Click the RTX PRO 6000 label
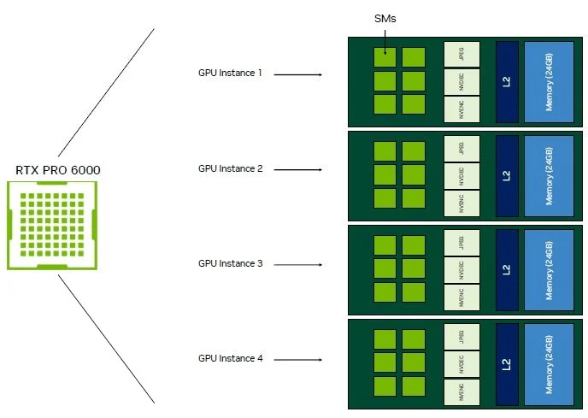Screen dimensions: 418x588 tap(57, 170)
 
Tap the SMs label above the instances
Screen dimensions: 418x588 tap(385, 17)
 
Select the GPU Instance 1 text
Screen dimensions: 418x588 tap(230, 74)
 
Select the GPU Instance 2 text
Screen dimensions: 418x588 tap(230, 168)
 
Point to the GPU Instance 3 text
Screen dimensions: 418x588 tap(230, 263)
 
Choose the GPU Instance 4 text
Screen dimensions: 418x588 tap(230, 358)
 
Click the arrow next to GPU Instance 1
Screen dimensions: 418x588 tap(297, 74)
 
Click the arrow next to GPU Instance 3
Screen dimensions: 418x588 tap(297, 264)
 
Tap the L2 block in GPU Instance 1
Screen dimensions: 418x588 tap(507, 81)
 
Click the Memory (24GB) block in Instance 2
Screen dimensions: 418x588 tap(549, 175)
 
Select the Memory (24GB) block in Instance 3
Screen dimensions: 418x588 tap(549, 269)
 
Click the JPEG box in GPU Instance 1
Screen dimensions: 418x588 tap(462, 55)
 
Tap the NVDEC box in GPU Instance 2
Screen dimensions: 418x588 tap(462, 175)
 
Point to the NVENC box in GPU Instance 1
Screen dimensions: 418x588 tap(462, 109)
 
